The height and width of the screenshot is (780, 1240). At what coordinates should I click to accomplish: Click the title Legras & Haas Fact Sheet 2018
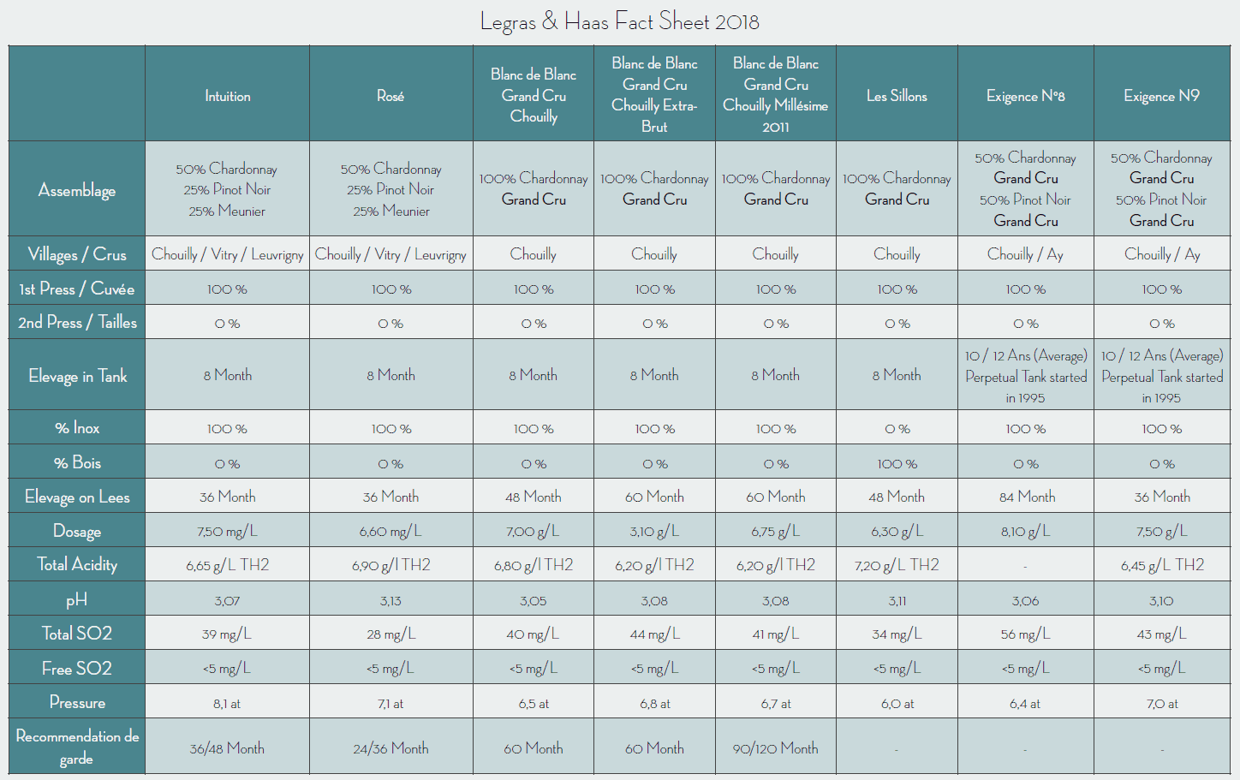(x=619, y=21)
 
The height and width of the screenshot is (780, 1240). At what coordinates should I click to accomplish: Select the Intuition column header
(x=227, y=96)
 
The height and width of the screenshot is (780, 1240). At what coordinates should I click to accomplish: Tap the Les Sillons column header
(x=897, y=96)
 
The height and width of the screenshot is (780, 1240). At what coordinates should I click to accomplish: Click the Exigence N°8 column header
(x=1025, y=96)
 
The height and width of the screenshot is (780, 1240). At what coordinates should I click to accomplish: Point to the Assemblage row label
(x=77, y=190)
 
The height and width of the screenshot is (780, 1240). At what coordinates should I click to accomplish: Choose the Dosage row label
(x=77, y=531)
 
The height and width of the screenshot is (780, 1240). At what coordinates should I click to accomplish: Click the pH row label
(x=77, y=600)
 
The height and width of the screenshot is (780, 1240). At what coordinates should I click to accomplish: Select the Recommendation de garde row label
(x=77, y=747)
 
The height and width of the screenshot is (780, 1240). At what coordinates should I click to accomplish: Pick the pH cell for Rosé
(x=390, y=601)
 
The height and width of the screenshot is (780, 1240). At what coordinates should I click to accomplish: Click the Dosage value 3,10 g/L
(x=654, y=532)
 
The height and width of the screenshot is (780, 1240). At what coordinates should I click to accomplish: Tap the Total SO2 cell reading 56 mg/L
(x=1025, y=634)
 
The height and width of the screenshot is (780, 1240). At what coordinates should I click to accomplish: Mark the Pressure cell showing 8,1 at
(x=227, y=704)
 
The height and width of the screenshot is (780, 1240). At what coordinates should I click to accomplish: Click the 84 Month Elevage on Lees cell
(x=1026, y=497)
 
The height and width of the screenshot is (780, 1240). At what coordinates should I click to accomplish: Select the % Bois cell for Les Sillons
(x=897, y=463)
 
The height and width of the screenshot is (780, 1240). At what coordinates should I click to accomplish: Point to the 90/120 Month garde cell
(x=775, y=748)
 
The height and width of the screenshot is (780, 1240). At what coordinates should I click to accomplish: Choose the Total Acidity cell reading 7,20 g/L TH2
(x=897, y=565)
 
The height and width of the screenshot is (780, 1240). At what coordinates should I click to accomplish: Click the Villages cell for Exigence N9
(x=1161, y=254)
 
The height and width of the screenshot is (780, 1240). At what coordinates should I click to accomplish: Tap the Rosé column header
(x=390, y=96)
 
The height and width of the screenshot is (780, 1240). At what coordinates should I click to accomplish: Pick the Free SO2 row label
(x=77, y=669)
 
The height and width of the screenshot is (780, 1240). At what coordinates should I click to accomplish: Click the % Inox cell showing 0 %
(x=897, y=428)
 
